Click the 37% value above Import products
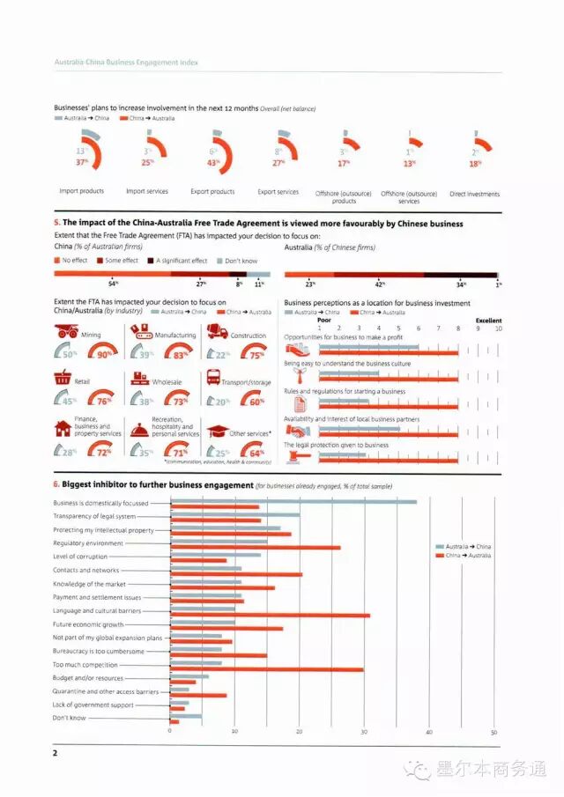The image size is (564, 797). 81,162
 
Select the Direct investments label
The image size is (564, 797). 474,194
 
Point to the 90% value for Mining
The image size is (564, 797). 107,354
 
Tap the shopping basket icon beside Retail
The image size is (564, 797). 63,379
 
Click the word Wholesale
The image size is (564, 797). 167,382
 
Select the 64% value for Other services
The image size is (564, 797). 256,454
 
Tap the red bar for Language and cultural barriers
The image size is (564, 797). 270,615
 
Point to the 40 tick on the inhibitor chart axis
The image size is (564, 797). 429,732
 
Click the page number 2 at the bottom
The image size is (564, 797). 56,753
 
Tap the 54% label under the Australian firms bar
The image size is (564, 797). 113,284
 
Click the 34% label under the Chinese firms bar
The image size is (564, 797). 461,284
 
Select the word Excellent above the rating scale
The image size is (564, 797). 488,321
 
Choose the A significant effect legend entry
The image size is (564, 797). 182,261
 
